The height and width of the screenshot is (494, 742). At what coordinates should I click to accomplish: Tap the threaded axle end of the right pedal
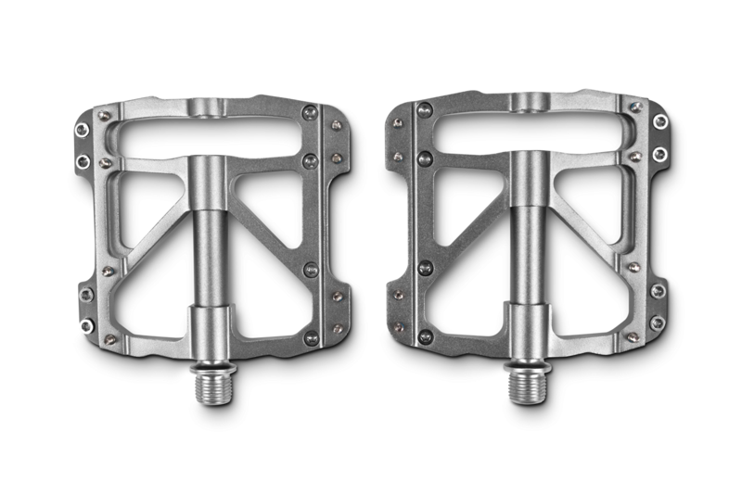tap(528, 380)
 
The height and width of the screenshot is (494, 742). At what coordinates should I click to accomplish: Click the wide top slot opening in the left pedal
tap(211, 137)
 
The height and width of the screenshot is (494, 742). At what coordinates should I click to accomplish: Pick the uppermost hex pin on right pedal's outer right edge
tap(659, 121)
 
